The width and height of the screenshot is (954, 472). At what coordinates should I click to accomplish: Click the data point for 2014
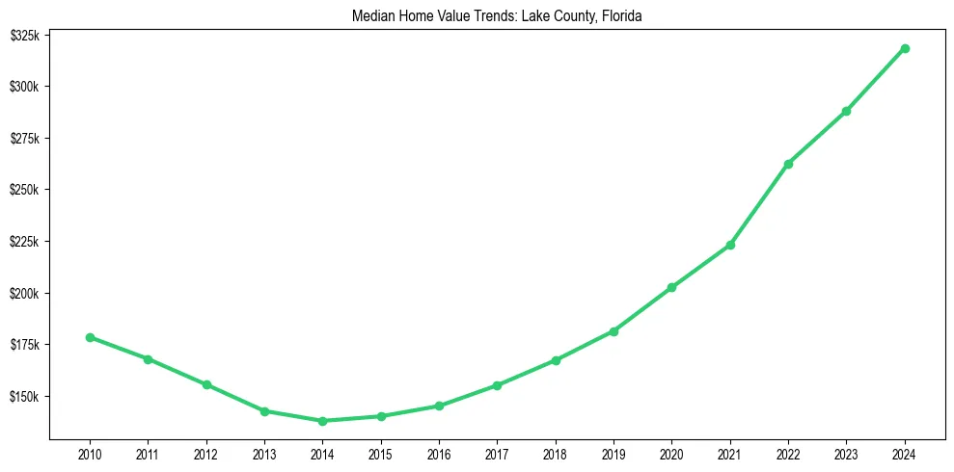tap(322, 421)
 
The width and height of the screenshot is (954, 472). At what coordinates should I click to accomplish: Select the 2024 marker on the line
tap(905, 48)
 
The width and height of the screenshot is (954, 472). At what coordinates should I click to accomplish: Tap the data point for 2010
tap(90, 337)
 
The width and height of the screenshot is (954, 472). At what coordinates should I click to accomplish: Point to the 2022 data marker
tap(788, 164)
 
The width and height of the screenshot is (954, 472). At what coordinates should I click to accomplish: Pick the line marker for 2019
tap(613, 331)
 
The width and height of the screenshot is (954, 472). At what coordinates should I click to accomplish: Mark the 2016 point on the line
tap(439, 406)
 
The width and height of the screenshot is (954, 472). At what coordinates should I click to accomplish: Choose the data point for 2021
tap(730, 245)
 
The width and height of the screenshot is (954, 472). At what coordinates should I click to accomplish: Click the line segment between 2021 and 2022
tap(759, 204)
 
